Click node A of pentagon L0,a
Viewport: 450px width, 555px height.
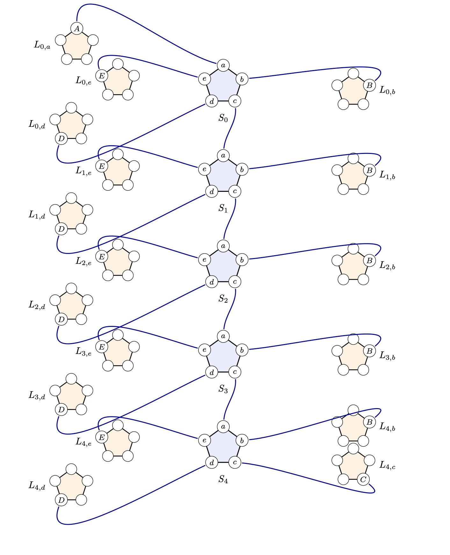77,29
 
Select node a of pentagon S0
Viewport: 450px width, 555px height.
223,65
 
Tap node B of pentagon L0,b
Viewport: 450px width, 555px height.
369,85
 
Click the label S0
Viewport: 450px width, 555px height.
223,119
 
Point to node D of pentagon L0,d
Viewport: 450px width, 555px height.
62,139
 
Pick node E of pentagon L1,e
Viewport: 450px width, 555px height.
102,166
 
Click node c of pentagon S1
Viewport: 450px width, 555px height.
235,191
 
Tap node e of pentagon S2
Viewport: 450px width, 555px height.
204,259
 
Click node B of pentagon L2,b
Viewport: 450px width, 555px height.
369,260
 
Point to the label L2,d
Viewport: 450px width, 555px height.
37,305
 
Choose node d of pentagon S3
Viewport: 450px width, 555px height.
212,372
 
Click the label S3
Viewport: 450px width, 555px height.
223,389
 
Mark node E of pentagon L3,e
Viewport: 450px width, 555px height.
102,347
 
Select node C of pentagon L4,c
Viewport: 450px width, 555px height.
363,479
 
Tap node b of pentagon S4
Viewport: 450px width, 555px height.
242,440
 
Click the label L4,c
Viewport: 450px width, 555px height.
387,465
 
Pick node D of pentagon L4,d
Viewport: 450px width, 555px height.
62,500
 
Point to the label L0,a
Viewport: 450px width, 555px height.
42,45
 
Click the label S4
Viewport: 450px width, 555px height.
223,479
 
